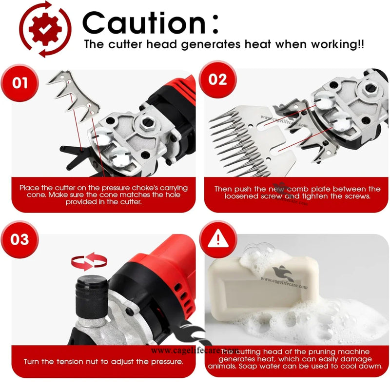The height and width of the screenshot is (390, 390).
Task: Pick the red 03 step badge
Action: (20, 240)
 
